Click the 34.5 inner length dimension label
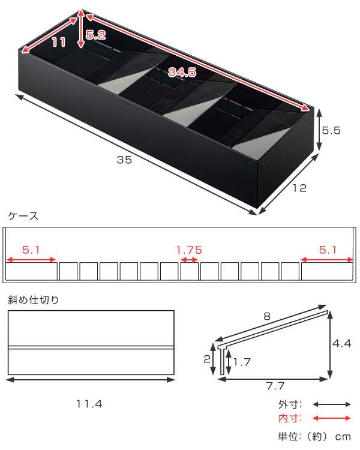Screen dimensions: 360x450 [182, 72]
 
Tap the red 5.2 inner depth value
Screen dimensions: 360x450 [95, 35]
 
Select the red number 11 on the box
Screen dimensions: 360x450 [59, 43]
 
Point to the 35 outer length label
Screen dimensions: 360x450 [124, 160]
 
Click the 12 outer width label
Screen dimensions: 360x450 [299, 188]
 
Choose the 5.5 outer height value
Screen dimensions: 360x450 [331, 131]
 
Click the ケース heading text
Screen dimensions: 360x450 [23, 216]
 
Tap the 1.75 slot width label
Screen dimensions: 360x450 [189, 250]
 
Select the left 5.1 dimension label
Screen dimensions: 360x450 [31, 250]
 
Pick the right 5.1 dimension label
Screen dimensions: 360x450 [328, 250]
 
